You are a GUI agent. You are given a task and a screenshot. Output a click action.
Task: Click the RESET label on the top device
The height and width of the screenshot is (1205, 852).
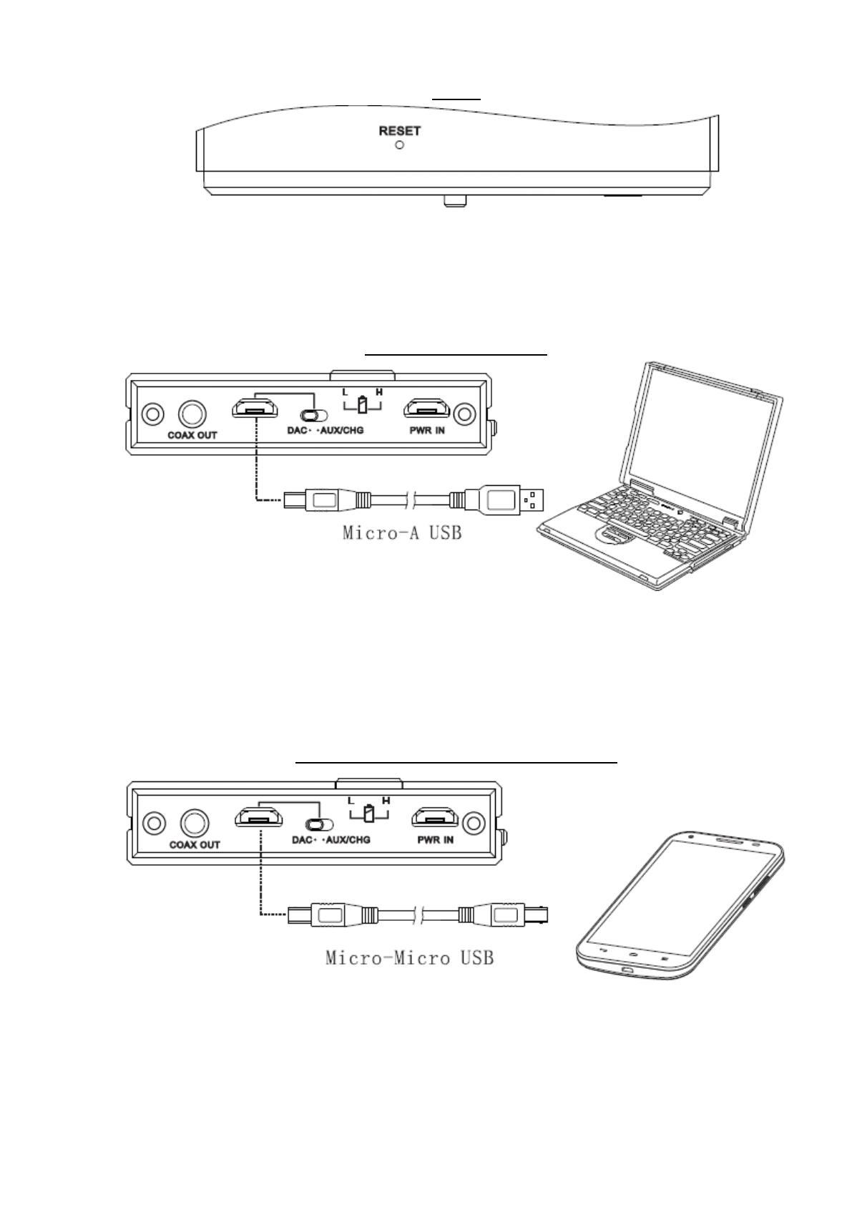point(399,131)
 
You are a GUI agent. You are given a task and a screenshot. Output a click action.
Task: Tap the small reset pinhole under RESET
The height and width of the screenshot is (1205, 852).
point(400,145)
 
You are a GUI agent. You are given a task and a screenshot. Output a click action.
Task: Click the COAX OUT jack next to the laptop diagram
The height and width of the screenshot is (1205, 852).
point(192,414)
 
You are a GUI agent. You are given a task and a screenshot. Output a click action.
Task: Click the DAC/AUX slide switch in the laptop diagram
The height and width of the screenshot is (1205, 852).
point(313,415)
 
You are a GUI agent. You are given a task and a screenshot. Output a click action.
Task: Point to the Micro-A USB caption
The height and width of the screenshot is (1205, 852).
point(401,533)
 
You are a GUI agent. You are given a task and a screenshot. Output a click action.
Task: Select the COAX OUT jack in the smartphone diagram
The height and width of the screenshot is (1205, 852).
point(194,822)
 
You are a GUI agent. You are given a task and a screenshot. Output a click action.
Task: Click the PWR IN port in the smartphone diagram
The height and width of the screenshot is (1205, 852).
point(435,816)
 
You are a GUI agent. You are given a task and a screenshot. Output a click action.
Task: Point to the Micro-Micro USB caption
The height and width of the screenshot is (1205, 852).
point(409,957)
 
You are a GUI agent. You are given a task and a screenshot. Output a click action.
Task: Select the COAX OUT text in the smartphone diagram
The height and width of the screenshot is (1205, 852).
point(195,844)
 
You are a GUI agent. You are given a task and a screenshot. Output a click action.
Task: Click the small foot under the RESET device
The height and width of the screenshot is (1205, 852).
point(452,200)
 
